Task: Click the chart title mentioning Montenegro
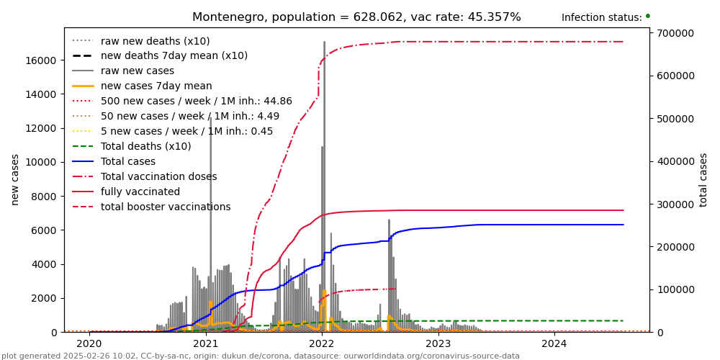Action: [x=356, y=17]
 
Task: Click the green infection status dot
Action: [x=647, y=16]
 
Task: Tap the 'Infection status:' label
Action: [x=601, y=17]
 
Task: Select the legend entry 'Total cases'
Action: [x=138, y=161]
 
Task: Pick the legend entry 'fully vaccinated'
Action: [x=140, y=192]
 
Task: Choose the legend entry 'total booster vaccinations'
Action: [x=166, y=207]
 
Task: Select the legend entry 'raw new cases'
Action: [x=137, y=71]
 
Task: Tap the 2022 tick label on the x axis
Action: [x=321, y=343]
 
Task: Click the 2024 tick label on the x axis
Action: [x=554, y=343]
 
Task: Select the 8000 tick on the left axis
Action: [x=45, y=197]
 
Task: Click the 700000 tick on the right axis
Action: [x=675, y=33]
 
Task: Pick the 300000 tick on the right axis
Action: [x=675, y=204]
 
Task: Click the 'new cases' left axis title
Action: [x=15, y=179]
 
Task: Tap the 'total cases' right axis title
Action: [x=704, y=179]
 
